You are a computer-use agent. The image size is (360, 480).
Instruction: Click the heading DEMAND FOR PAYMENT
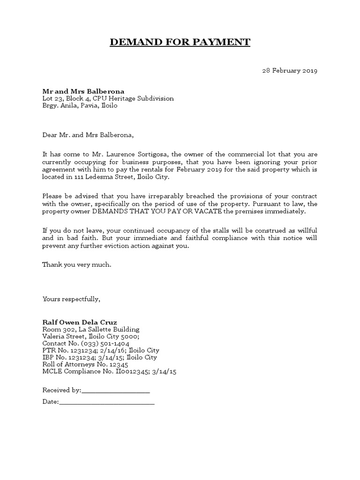[x=180, y=43]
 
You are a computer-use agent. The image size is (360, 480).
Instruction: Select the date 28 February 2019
[x=289, y=71]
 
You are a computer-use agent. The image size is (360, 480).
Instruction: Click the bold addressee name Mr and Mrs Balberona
[x=83, y=91]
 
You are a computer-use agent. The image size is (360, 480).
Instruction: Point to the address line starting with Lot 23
[x=108, y=98]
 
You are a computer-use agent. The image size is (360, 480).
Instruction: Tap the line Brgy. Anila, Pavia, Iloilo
[x=80, y=105]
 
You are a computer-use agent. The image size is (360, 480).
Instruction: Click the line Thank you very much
[x=77, y=264]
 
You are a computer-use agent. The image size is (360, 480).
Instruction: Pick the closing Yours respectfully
[x=71, y=299]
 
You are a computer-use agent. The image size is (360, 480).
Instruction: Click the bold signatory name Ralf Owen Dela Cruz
[x=80, y=322]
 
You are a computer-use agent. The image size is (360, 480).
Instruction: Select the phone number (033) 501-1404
[x=99, y=343]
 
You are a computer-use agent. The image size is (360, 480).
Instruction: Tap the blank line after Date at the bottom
[x=107, y=402]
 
